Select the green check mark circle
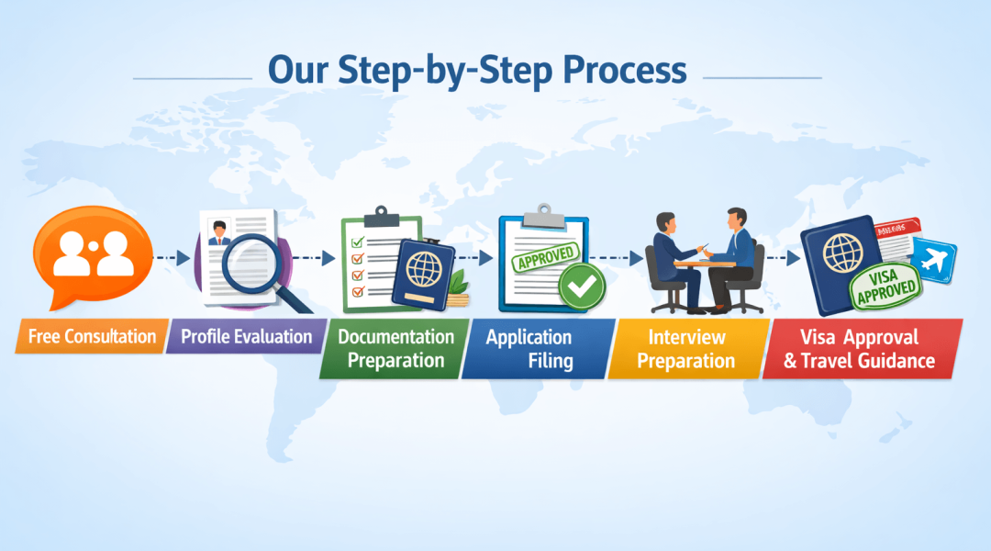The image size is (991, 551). [583, 287]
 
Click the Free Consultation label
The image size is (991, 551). [92, 336]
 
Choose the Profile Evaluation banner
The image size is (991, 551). [246, 336]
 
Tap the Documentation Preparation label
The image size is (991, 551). [395, 348]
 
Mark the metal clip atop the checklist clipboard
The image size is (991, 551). [381, 218]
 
